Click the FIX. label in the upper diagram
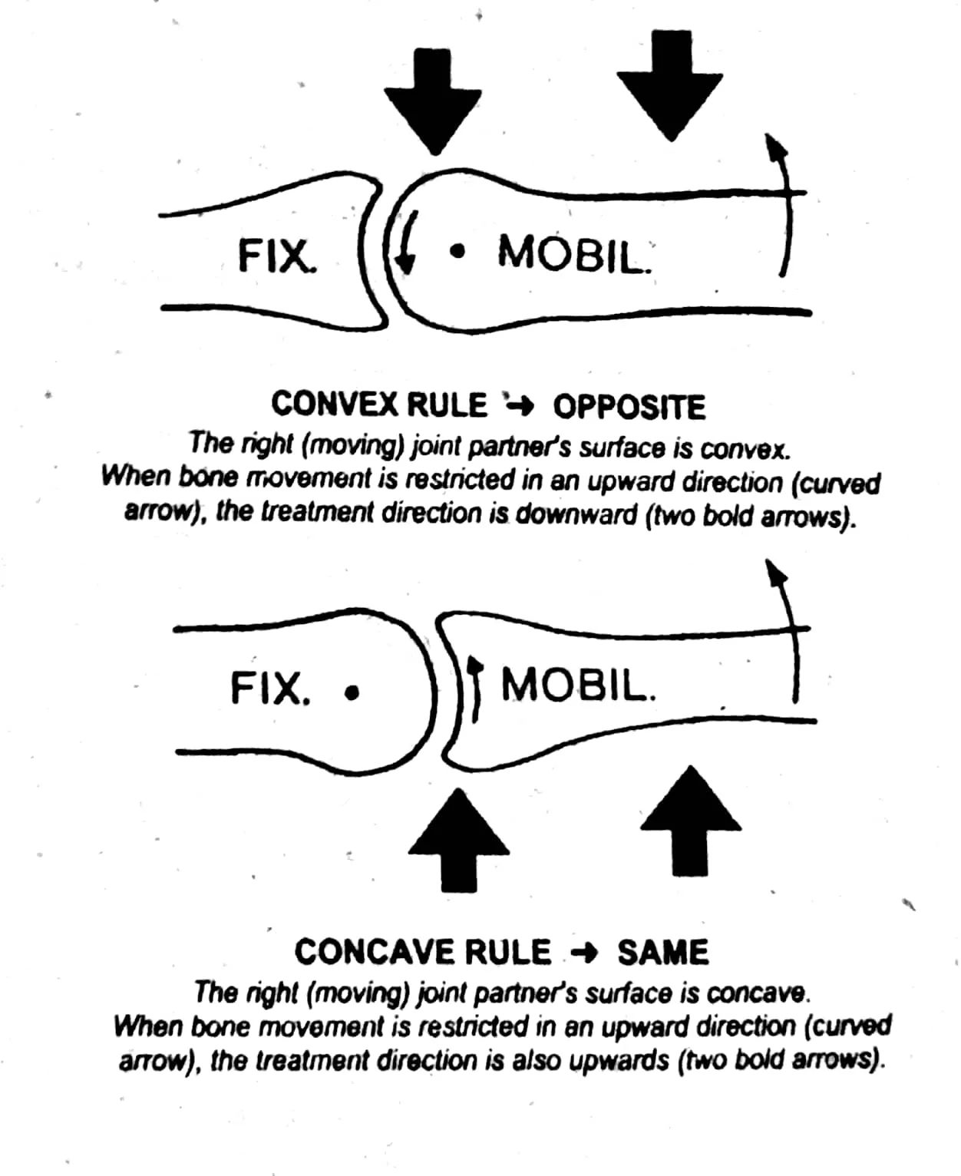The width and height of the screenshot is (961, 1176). (x=277, y=256)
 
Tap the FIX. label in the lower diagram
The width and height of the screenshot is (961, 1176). (x=270, y=688)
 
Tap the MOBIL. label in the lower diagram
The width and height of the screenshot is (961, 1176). (x=579, y=685)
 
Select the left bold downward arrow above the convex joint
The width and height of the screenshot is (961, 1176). (x=433, y=101)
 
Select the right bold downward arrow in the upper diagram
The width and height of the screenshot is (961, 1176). (x=670, y=84)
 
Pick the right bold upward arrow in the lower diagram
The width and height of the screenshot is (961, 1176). (x=691, y=821)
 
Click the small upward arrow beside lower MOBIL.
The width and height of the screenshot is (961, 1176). (x=474, y=688)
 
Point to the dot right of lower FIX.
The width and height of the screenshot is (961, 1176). (x=352, y=693)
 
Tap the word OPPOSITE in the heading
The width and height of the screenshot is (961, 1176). (x=629, y=407)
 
